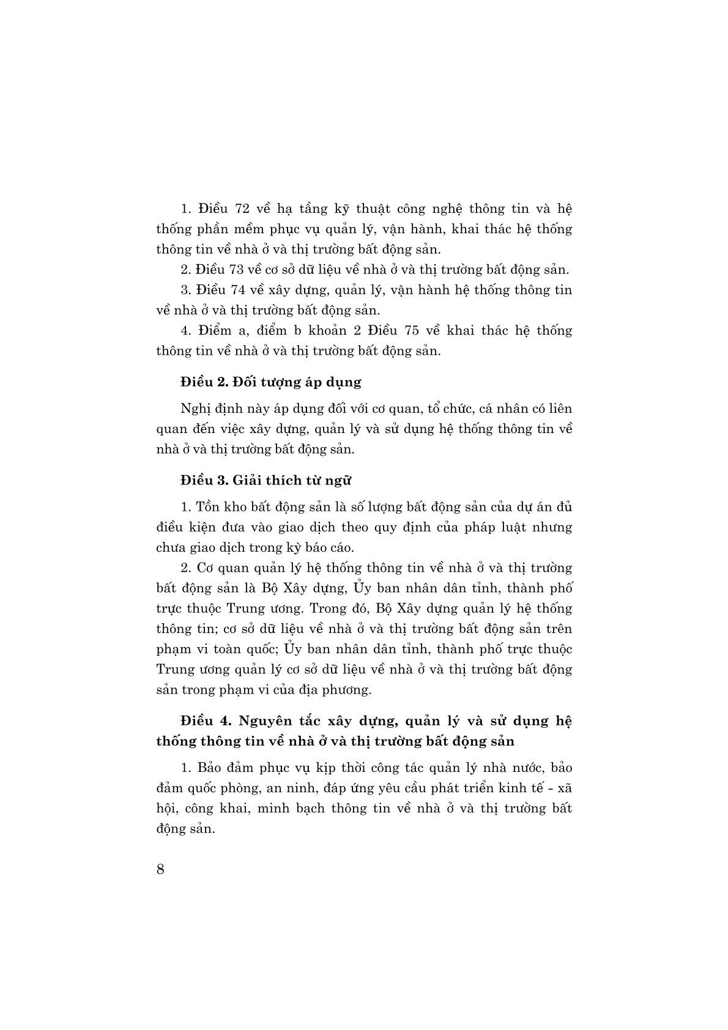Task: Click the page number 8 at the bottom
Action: click(160, 870)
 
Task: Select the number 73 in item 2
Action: click(239, 270)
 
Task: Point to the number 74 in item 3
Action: click(239, 290)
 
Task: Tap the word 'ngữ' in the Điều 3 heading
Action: click(340, 480)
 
